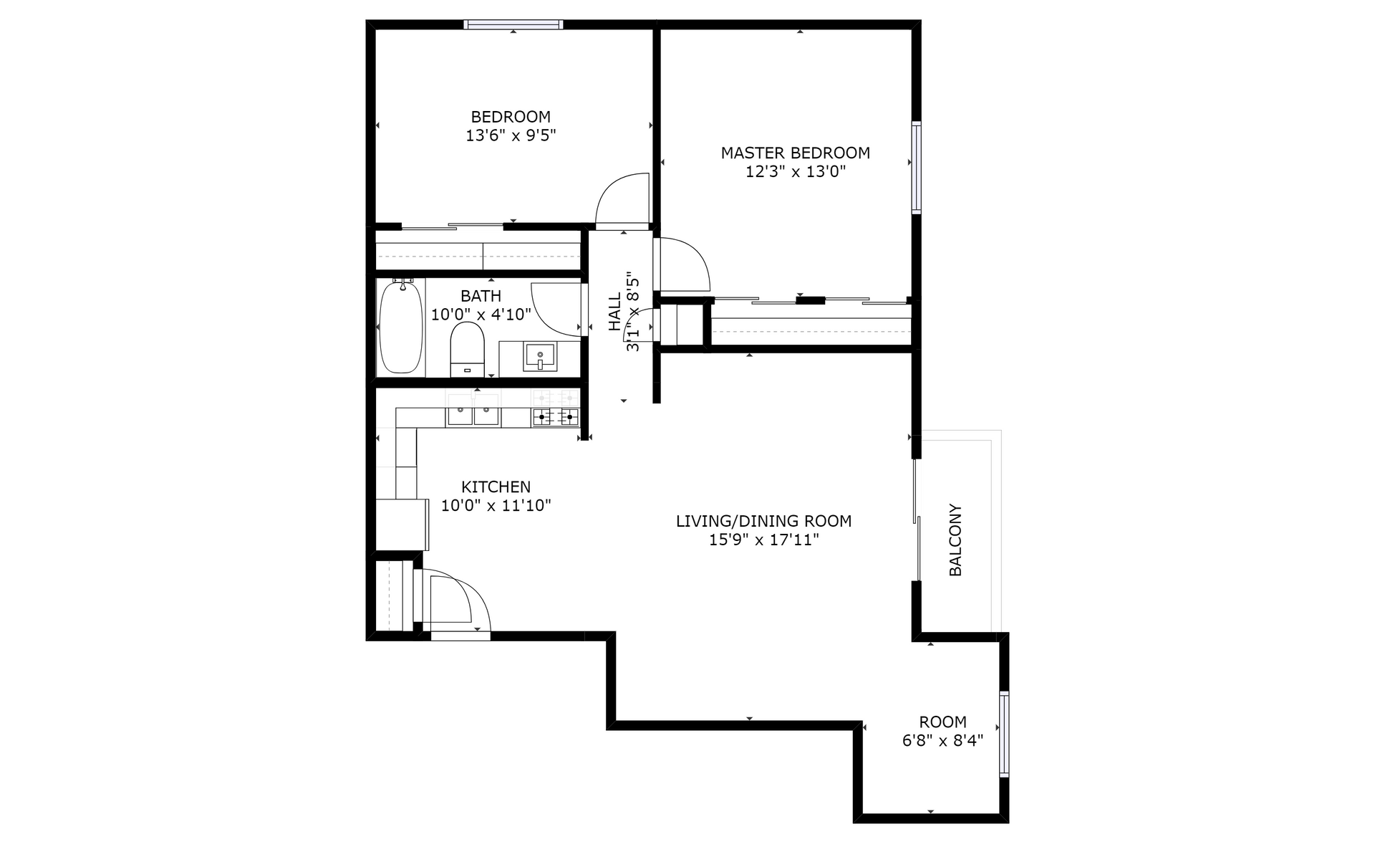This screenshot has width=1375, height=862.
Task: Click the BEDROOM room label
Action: [511, 117]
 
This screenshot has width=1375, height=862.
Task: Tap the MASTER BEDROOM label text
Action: [795, 153]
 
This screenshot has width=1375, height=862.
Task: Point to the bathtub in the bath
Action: [400, 327]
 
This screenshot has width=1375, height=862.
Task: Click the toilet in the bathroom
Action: [468, 349]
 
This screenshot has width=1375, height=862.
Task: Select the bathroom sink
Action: [540, 356]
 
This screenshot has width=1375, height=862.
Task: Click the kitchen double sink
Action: [473, 415]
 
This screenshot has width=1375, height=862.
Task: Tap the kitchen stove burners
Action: [555, 416]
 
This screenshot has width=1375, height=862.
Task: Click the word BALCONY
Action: [955, 540]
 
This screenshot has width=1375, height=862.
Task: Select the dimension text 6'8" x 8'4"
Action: [942, 740]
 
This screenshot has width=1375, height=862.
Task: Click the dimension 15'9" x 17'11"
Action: [763, 540]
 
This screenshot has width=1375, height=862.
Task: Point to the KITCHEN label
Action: [496, 487]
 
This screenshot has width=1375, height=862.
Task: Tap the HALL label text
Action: [615, 312]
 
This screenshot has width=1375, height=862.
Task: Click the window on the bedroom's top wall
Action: [513, 24]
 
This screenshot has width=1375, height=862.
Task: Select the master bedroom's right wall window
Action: [916, 168]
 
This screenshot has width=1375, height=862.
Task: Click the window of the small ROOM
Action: [1004, 734]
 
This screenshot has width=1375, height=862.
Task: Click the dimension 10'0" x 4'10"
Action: [481, 314]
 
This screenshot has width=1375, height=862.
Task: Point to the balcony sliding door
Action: [917, 519]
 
